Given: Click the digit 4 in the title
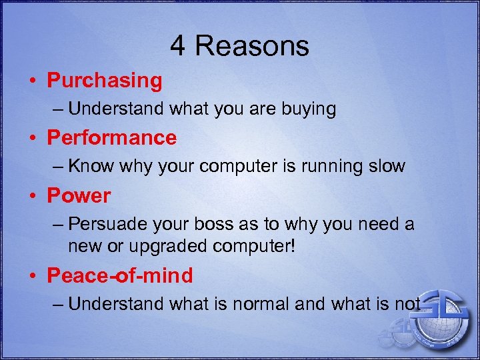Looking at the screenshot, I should point(178,47).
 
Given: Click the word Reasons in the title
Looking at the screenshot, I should point(252,47).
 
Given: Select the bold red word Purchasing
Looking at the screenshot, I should point(105,81).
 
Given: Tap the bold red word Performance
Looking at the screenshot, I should point(111,138).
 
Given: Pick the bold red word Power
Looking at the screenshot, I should point(79,196).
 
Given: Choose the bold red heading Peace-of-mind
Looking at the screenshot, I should point(120,275).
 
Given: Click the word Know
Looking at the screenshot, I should point(91,167).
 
